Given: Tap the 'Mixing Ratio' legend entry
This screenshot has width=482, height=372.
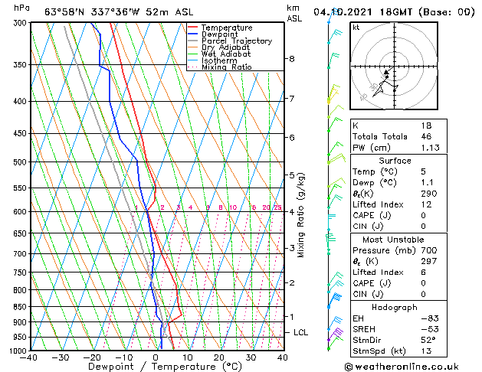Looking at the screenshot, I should (x=227, y=67).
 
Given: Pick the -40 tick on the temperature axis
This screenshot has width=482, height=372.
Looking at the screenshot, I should (x=30, y=357).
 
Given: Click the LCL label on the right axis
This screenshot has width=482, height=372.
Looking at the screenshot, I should (x=301, y=332).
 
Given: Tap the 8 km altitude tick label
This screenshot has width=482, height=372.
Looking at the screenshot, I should (x=292, y=59).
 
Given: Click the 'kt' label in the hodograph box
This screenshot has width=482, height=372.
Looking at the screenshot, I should (x=356, y=27).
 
